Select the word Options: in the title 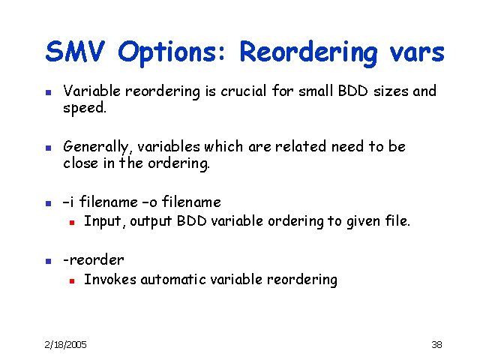pos(174,53)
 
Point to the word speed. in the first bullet pos(85,108)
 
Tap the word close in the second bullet pos(81,163)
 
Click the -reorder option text pos(94,260)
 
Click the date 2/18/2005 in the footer pos(65,344)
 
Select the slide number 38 pos(436,344)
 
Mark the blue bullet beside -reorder pos(47,261)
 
